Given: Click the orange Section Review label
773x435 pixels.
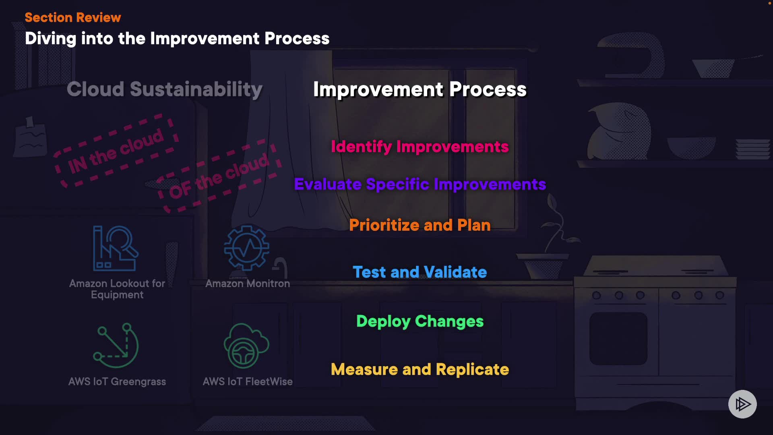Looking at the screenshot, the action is click(73, 17).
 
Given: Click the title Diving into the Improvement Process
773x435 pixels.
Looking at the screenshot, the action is click(177, 39).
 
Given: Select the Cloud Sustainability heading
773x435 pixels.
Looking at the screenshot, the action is click(164, 89).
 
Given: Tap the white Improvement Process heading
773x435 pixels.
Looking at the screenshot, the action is click(420, 89).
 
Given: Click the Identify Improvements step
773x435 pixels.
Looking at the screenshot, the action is click(420, 147).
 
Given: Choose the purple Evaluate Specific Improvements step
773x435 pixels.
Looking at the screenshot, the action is click(420, 184).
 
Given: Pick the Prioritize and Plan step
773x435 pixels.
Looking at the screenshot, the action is click(420, 225).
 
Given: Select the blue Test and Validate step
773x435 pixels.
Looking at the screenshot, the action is click(420, 272).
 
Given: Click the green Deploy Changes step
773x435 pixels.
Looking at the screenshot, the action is click(420, 321).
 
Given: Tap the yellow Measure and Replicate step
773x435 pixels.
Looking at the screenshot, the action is click(420, 370).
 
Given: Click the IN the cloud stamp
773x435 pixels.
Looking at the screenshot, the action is click(116, 152).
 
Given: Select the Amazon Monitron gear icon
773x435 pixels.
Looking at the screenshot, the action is click(247, 248).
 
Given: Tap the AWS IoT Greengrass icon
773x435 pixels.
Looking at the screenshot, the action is click(116, 346).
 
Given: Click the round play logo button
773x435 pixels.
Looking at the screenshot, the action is click(742, 404).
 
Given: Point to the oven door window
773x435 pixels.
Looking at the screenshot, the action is click(618, 339).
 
